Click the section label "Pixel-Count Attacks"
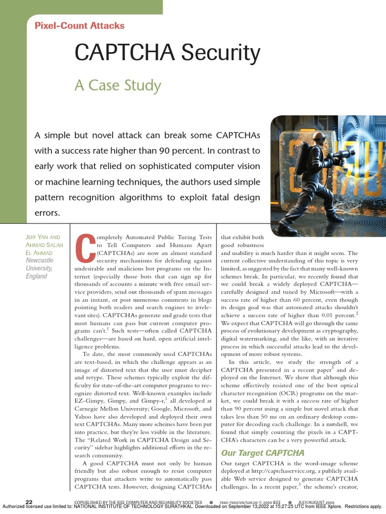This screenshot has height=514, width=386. tap(79, 26)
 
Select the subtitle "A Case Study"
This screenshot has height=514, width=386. tap(118, 85)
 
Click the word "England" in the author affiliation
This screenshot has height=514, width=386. tap(36, 276)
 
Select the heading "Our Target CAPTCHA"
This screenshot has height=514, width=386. tap(263, 453)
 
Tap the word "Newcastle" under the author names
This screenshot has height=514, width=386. tap(39, 261)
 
